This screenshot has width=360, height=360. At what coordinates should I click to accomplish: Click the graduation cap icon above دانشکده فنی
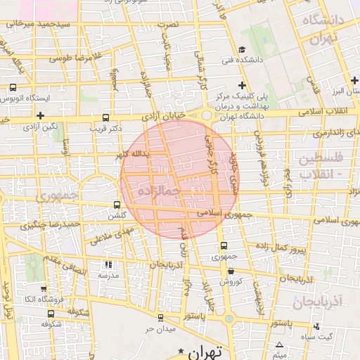[x=243, y=49]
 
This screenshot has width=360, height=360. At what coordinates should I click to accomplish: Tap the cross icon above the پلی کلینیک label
[x=243, y=84]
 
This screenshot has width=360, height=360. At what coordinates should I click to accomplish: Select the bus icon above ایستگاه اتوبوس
[x=13, y=88]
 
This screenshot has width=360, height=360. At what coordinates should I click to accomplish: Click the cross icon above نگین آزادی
[x=41, y=115]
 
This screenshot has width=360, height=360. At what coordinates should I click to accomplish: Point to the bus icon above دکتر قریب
[x=106, y=118]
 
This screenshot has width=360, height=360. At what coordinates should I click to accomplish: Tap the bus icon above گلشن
[x=117, y=205]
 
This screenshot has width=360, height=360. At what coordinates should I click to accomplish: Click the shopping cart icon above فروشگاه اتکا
[x=44, y=288]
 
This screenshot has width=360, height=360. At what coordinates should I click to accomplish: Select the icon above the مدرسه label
[x=108, y=264]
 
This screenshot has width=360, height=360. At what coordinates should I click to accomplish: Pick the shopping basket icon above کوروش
[x=231, y=270]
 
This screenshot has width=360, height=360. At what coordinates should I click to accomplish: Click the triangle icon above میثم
[x=281, y=345]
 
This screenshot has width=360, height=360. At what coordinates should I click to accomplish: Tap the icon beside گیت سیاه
[x=317, y=326]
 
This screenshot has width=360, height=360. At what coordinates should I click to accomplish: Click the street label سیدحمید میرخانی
[x=40, y=24]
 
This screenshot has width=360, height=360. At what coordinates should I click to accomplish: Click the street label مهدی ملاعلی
[x=110, y=233]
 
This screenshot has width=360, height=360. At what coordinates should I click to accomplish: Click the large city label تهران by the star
[x=206, y=351]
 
